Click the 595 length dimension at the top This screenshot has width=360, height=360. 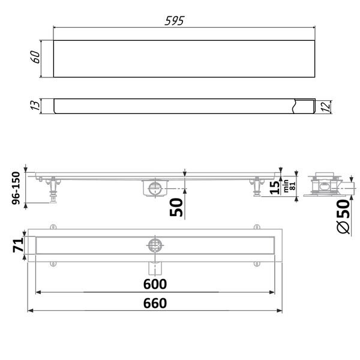[x=175, y=20]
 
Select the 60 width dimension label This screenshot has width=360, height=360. [x=35, y=58]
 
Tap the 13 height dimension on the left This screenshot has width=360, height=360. [x=35, y=105]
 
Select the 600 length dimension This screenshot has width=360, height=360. [x=155, y=284]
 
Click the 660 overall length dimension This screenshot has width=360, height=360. [x=155, y=303]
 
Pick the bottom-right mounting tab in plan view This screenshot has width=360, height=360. [x=257, y=263]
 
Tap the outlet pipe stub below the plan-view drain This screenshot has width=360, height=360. [x=155, y=265]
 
